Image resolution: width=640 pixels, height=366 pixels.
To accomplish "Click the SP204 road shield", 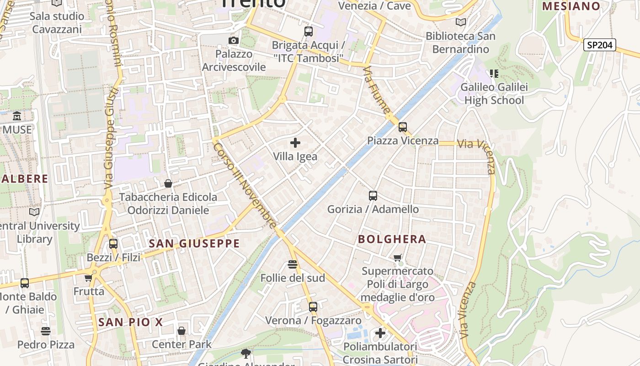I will (x=600, y=45).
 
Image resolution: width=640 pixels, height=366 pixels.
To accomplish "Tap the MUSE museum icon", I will (x=17, y=116).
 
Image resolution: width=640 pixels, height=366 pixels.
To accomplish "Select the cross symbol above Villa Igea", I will (x=295, y=143).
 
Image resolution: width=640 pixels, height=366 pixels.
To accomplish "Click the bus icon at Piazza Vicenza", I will (x=402, y=127).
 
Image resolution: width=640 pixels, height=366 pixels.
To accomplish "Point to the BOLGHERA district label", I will (x=392, y=239).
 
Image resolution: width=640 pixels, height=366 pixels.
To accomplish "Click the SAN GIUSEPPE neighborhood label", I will (x=194, y=243).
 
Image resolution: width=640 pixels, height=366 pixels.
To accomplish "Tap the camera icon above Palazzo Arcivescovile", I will (x=234, y=40).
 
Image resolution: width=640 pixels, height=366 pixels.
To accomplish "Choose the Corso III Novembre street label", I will (x=245, y=185).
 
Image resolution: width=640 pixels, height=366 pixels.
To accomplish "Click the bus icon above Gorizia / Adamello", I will (x=373, y=196).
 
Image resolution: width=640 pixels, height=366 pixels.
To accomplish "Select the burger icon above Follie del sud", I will (x=293, y=264).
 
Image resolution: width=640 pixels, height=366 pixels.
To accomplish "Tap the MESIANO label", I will (x=571, y=6).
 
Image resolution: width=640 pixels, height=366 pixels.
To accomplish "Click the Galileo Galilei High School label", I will (x=494, y=94).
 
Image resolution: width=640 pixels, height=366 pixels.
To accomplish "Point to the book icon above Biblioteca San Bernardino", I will (x=461, y=22).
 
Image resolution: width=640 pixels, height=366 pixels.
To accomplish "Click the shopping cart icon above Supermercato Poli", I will (x=398, y=258).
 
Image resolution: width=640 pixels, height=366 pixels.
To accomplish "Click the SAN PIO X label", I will (x=130, y=322).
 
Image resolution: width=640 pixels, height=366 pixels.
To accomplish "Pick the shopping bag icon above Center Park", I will (x=181, y=331).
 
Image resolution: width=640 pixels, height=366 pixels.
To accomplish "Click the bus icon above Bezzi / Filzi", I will (x=113, y=244).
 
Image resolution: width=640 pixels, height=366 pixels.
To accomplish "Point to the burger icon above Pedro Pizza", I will (x=46, y=331).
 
